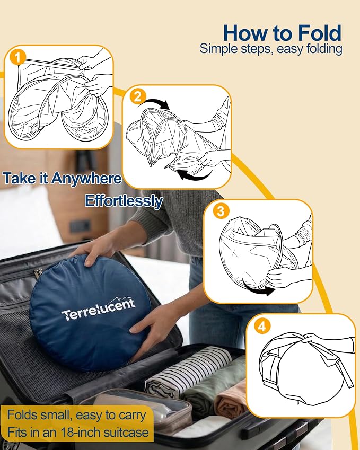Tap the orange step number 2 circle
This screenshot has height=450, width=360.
point(138,96)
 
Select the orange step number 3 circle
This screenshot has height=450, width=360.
point(221,211)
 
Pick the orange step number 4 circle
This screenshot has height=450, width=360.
point(262,327)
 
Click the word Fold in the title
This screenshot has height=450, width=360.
point(319,33)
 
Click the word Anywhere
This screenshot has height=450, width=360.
point(86,178)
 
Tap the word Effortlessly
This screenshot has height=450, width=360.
point(124,200)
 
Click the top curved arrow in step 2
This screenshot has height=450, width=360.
point(154,104)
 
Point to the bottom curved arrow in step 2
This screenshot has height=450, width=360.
point(195,175)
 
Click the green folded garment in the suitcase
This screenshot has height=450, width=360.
point(214,382)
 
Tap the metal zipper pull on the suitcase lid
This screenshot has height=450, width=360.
point(38,272)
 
